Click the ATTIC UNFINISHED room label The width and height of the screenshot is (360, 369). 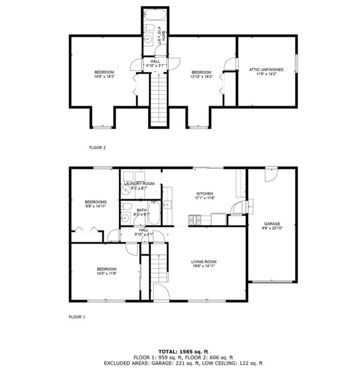266,70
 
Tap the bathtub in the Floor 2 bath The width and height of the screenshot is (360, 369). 155,15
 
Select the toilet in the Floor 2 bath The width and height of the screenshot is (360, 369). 149,28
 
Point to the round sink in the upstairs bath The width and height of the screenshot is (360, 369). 148,39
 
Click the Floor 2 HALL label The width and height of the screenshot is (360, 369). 155,61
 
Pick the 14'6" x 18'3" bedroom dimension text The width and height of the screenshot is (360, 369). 104,77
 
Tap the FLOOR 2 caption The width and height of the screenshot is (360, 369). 97,148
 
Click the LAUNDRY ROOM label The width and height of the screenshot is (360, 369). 139,184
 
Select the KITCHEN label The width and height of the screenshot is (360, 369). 205,194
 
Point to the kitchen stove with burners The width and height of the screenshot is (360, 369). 195,220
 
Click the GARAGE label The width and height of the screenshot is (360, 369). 272,224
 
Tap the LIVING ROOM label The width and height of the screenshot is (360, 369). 204,262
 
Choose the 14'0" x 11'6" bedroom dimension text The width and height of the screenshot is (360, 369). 107,273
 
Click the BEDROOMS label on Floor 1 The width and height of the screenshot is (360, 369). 96,202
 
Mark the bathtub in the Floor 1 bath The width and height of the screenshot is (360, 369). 155,213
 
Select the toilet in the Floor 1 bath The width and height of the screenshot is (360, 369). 126,207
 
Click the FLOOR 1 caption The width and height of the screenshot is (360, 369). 77,317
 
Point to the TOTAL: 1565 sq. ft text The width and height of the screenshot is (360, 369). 183,352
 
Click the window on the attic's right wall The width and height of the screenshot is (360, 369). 296,63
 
